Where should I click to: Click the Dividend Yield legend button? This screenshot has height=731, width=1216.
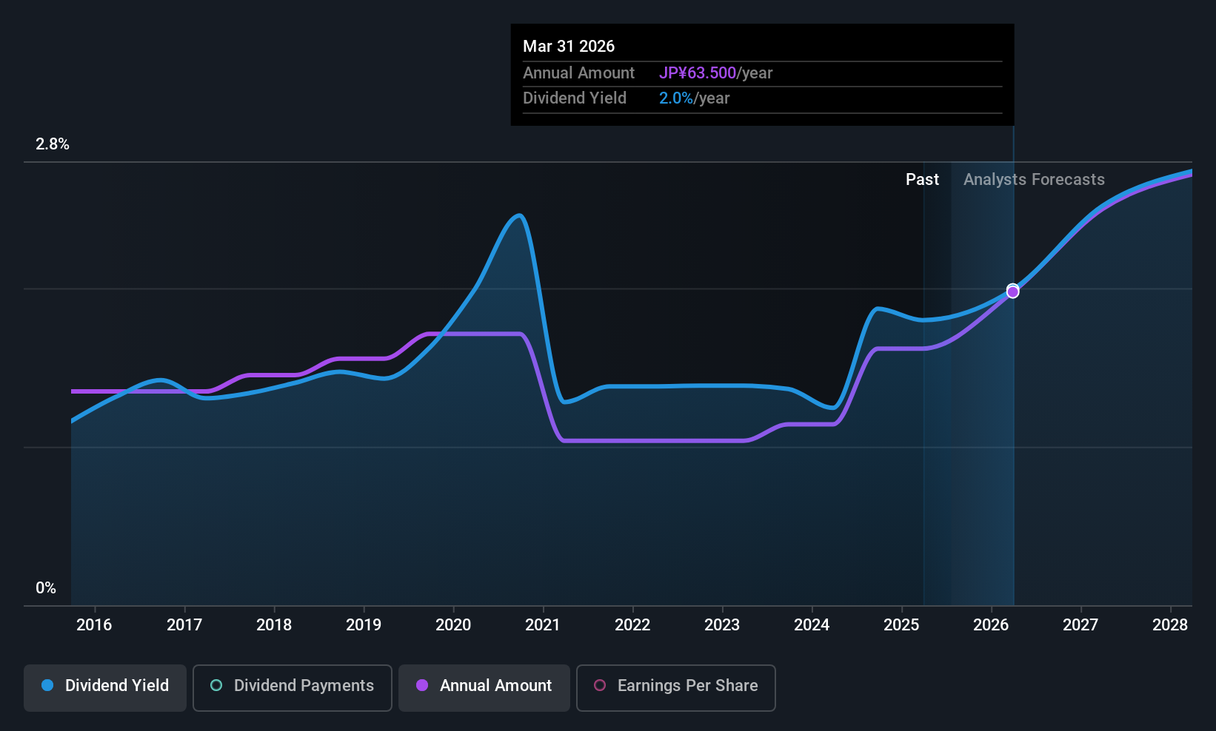click(105, 686)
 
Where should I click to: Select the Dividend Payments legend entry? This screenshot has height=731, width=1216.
click(293, 686)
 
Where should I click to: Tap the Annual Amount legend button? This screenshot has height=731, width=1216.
click(484, 686)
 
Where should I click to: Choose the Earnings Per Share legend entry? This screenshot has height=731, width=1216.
click(675, 686)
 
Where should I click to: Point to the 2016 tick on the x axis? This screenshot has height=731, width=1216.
click(94, 625)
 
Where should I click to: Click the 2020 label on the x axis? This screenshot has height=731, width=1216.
click(453, 625)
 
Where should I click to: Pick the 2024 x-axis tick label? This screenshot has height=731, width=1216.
click(812, 625)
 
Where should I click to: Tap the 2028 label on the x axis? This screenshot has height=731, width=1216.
click(1170, 625)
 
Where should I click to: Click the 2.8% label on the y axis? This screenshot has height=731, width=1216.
click(53, 144)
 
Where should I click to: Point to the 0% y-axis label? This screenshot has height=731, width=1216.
click(46, 588)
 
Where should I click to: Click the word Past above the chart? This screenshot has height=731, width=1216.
click(922, 180)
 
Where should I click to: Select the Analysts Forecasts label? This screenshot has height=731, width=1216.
click(1034, 180)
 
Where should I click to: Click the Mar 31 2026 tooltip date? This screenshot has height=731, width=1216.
click(569, 47)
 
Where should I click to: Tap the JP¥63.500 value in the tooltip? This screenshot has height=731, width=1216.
click(698, 73)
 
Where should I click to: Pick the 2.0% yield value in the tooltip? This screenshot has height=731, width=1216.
click(676, 98)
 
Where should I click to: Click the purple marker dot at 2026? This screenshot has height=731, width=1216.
click(1012, 292)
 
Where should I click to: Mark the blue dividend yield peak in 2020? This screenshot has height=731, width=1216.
click(519, 216)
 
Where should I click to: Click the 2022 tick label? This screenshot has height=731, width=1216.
click(632, 625)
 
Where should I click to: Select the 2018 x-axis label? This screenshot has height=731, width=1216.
click(274, 625)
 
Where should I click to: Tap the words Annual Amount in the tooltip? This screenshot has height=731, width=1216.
click(578, 73)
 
